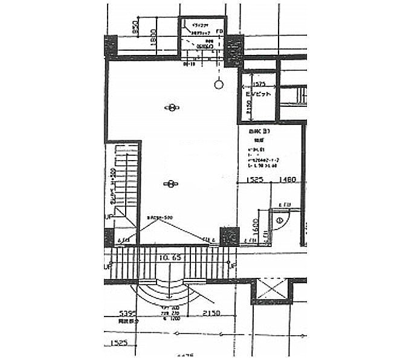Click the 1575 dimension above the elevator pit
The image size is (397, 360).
(259, 85)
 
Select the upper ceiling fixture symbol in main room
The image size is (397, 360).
(172, 108)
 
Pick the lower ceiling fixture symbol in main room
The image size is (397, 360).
(172, 183)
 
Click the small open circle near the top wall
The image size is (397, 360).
(218, 84)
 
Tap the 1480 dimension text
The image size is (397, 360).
(288, 179)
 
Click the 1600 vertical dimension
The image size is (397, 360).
(256, 227)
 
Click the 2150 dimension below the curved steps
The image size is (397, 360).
(210, 313)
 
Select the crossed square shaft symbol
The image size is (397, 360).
(273, 289)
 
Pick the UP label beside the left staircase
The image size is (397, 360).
(109, 216)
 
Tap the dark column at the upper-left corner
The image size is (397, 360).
(111, 46)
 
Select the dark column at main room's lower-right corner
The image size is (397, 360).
(229, 235)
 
